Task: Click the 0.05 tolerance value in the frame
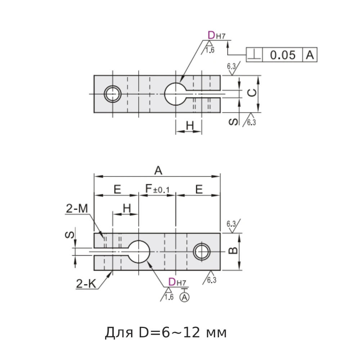coord(283,55)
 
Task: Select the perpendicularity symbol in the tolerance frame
coord(255,55)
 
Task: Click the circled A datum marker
coord(185,297)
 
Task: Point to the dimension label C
coord(253,93)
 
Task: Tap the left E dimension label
coord(117,190)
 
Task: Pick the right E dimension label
coord(199,190)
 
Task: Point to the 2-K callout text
coord(86,284)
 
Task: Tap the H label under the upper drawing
coord(190,126)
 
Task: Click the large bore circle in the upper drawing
coord(175,94)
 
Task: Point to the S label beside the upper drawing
coord(234,122)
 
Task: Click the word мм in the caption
coord(215,333)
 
